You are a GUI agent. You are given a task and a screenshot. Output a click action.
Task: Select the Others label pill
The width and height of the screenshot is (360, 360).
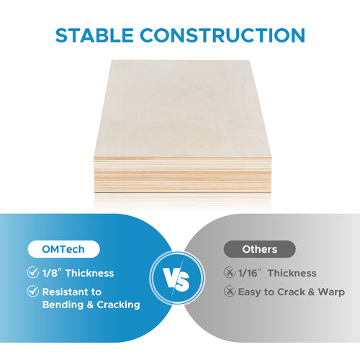coord(259,249)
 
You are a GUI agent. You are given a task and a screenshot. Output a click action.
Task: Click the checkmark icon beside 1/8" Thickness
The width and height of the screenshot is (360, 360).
coord(32,273)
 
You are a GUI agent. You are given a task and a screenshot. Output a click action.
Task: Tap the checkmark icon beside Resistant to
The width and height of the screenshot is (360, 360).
coord(32,292)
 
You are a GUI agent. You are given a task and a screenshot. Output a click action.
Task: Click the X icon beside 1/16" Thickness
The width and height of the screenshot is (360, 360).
coord(229,273)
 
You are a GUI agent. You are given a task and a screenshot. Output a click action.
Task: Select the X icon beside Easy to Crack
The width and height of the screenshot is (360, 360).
coord(229,292)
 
